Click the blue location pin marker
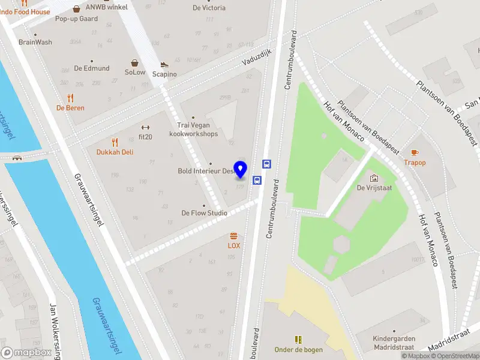[241, 170]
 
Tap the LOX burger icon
[233, 236]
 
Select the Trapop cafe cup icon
[415, 152]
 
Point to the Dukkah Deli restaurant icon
[115, 142]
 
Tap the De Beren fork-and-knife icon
[70, 98]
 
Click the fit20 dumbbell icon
[144, 127]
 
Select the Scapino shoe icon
[164, 65]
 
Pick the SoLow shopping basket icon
[135, 62]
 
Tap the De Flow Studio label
[205, 213]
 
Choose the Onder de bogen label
[298, 350]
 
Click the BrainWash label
[35, 42]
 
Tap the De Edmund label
[92, 68]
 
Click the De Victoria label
[209, 8]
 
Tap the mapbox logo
[26, 353]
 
